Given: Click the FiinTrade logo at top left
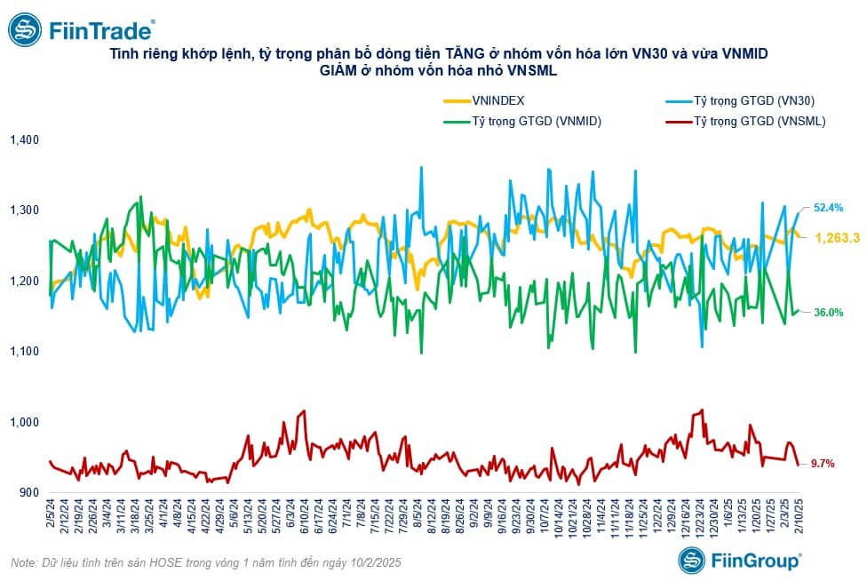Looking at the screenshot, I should tap(81, 30).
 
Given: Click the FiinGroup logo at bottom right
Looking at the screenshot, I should tap(740, 560).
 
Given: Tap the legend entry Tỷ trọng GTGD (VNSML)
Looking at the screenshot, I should tap(760, 122).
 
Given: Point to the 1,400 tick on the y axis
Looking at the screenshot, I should tap(25, 140).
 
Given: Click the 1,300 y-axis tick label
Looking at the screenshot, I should tap(25, 211).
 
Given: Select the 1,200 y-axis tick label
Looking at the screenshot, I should tap(25, 281).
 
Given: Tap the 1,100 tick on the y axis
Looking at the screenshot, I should tap(25, 352).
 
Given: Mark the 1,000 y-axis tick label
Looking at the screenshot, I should tap(25, 422).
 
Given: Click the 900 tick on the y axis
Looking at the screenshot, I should tap(29, 492).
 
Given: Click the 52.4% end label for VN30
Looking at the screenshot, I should tap(828, 208).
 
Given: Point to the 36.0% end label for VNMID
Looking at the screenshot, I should tap(828, 312).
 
